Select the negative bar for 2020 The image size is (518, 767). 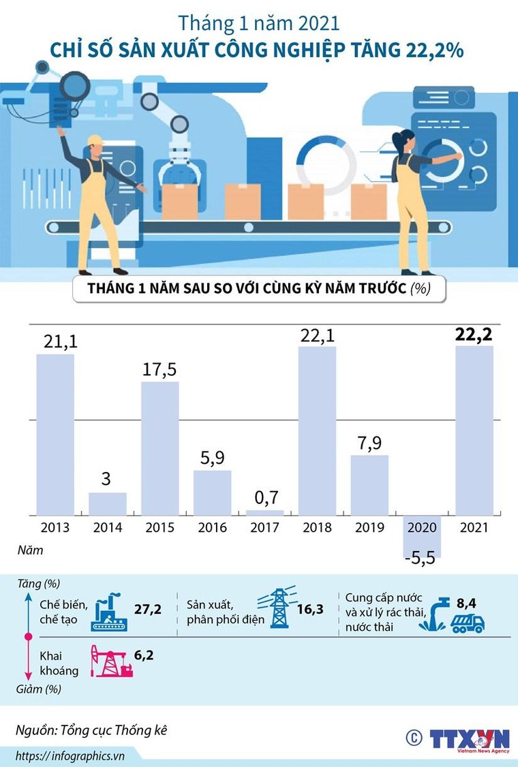point(421,536)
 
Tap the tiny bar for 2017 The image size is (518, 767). point(265,512)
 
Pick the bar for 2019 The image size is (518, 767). point(369,484)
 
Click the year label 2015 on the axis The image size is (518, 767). point(159,528)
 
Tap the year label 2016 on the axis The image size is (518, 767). point(212,528)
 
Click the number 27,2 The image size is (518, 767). point(148,609)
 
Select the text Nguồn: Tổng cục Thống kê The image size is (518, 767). point(91,730)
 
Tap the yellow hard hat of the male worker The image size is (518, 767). point(95,140)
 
